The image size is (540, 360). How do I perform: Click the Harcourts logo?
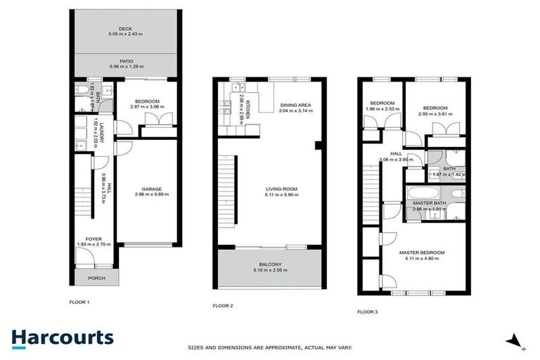coord(62,337)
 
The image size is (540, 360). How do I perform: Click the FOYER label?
coord(94,239)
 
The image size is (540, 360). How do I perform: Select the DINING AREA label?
coord(295,105)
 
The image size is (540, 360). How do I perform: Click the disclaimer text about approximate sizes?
coord(269,347)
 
